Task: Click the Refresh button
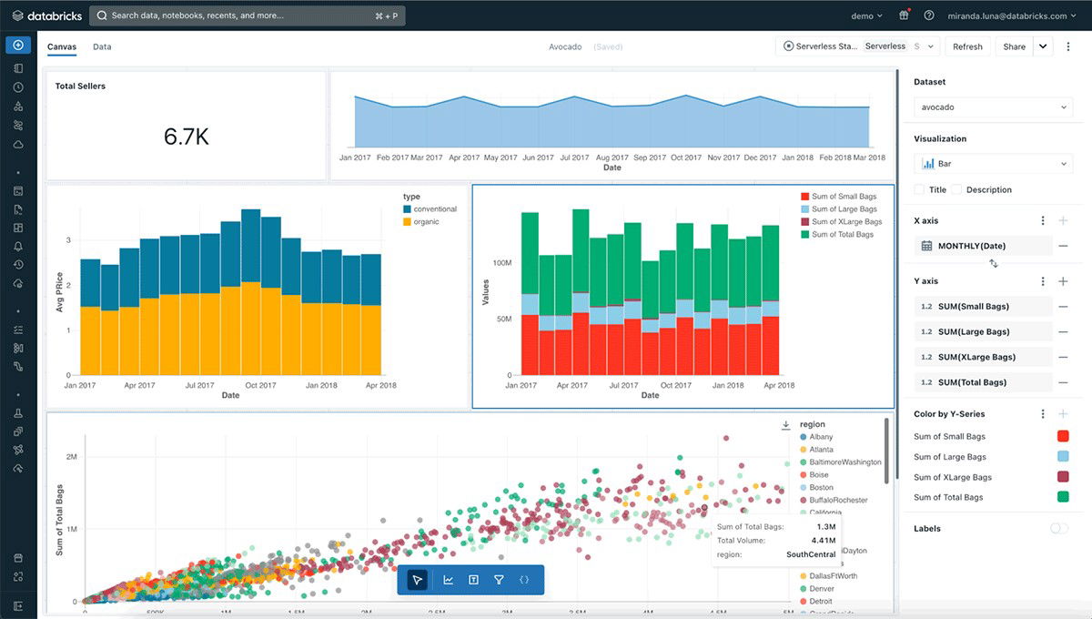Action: [967, 46]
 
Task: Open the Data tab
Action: [102, 46]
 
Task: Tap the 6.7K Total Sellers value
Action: [187, 137]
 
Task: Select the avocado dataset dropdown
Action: [993, 107]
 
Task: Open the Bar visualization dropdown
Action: [993, 164]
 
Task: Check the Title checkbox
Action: [919, 190]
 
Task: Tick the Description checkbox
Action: [956, 190]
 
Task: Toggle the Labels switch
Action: [1058, 529]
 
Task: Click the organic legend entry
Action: [426, 222]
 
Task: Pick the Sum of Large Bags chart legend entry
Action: [844, 209]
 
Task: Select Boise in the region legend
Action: [819, 475]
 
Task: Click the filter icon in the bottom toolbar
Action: [499, 580]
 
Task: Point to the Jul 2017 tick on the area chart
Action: [573, 157]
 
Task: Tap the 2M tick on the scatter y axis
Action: [70, 456]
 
